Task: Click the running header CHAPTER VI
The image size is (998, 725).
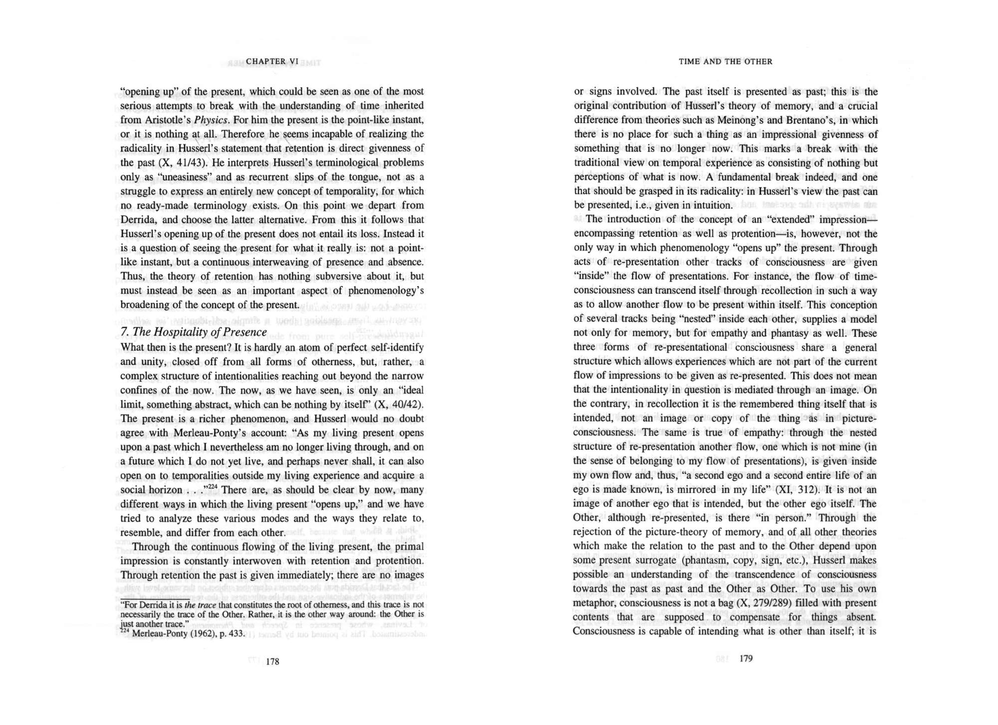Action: [272, 61]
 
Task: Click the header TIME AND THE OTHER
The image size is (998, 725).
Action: [725, 61]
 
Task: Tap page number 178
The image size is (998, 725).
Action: [272, 662]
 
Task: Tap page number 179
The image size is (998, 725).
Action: [746, 659]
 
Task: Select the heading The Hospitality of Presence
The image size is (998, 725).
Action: [194, 332]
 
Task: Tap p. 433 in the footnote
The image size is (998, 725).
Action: [232, 634]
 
